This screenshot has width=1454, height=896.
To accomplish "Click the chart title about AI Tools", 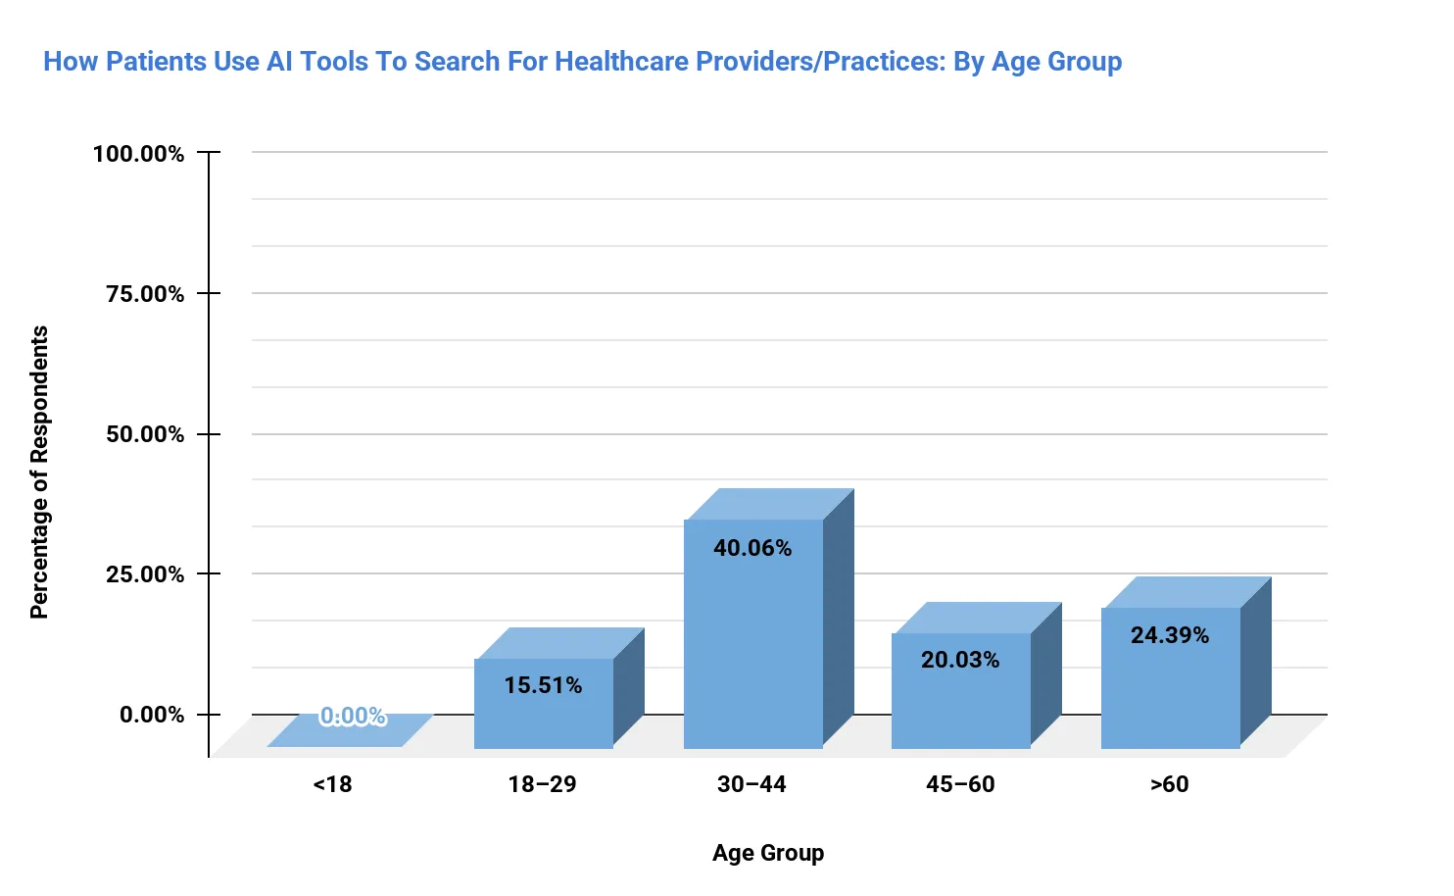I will click(x=582, y=62).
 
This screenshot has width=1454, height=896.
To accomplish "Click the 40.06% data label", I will click(x=752, y=548).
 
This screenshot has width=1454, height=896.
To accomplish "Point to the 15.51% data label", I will click(x=543, y=685).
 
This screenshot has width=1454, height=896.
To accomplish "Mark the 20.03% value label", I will click(x=960, y=660).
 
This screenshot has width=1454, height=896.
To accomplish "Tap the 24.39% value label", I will click(x=1170, y=635).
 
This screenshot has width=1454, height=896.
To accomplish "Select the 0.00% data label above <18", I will click(x=353, y=717).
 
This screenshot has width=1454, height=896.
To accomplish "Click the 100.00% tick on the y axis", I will click(x=138, y=154).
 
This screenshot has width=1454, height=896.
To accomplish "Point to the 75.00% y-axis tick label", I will click(x=145, y=294).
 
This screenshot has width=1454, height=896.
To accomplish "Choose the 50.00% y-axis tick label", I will click(x=145, y=434).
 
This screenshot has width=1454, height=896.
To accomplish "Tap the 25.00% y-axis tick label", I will click(x=145, y=574).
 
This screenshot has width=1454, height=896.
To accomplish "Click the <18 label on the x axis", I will click(x=332, y=784).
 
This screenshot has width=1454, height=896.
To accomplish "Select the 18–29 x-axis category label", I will click(x=542, y=784).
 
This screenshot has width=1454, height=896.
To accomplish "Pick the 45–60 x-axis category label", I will click(x=960, y=784).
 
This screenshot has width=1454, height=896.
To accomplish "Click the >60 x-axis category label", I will click(x=1170, y=784).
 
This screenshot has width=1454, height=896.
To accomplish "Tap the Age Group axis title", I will click(x=768, y=853).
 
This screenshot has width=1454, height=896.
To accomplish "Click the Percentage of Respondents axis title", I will click(x=39, y=473).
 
